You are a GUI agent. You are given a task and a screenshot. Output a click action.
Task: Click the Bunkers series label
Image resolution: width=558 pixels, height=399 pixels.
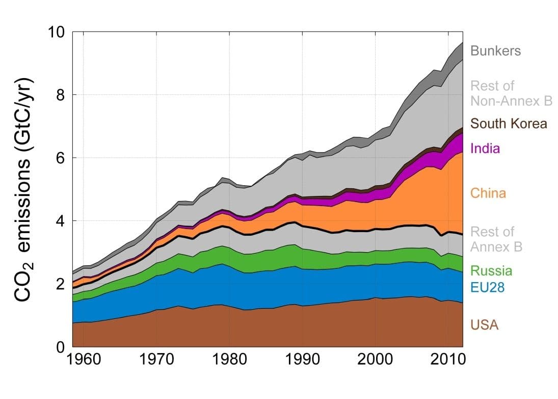click(495, 51)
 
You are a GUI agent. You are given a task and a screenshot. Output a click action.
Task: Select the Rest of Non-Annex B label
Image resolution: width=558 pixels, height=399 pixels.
click(511, 93)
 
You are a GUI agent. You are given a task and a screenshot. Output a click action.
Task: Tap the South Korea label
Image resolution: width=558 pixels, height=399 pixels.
click(509, 123)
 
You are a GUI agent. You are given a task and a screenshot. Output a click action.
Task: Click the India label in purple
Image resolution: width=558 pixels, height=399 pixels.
click(485, 149)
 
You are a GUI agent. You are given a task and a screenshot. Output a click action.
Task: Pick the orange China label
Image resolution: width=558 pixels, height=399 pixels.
click(488, 193)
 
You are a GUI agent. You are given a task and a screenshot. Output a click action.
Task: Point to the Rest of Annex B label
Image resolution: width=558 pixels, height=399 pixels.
click(496, 239)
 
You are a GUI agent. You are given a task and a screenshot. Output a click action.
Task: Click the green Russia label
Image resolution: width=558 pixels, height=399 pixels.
click(491, 271)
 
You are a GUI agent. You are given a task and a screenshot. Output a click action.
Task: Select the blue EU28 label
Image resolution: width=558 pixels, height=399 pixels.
click(487, 288)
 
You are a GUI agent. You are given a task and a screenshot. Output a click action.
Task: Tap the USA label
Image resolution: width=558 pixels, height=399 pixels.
click(484, 325)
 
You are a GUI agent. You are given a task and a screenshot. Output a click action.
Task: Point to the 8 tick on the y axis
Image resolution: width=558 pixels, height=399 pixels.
click(60, 95)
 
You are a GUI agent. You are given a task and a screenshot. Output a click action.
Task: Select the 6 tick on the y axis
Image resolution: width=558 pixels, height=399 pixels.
click(60, 158)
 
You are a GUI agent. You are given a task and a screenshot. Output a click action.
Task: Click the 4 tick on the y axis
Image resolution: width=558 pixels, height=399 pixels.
click(60, 221)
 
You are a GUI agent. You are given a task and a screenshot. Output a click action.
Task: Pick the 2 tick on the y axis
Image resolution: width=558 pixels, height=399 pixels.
click(60, 284)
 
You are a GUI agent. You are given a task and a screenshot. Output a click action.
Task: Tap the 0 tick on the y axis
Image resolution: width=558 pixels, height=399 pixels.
click(60, 347)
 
